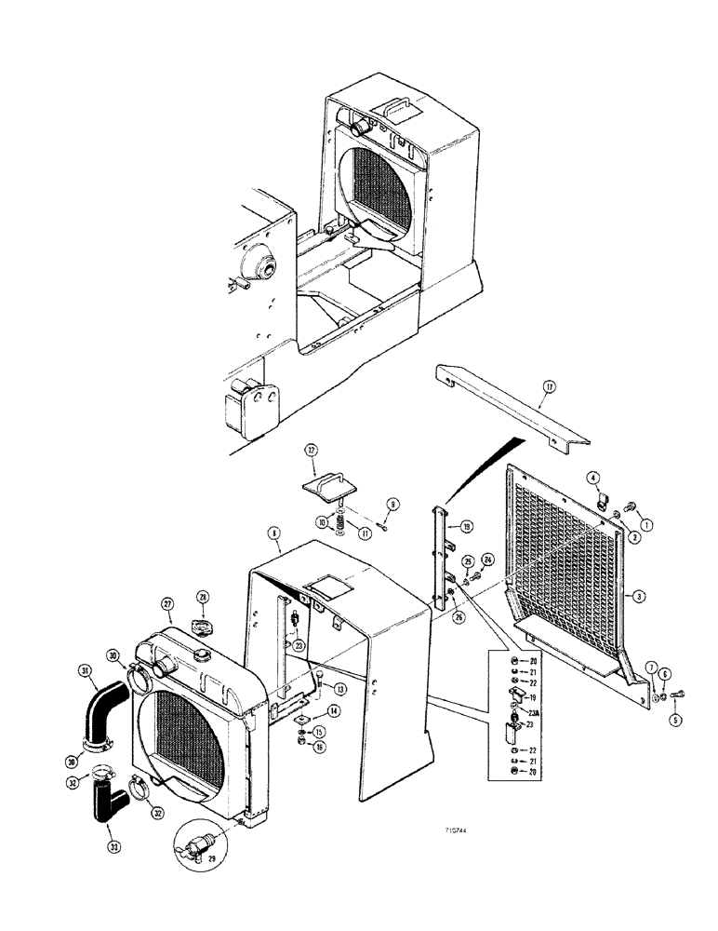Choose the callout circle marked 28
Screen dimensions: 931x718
(206, 596)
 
